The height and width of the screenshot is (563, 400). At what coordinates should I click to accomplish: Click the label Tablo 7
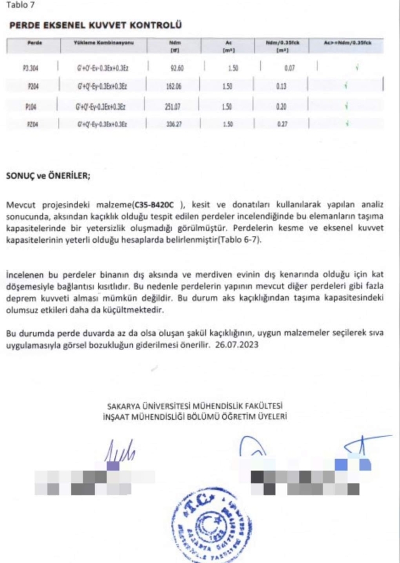pyautogui.click(x=20, y=6)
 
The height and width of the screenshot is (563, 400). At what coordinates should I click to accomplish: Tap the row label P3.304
pyautogui.click(x=31, y=67)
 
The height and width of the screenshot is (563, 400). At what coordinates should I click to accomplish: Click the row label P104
pyautogui.click(x=31, y=106)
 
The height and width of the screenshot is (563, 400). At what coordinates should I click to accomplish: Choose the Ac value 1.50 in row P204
pyautogui.click(x=227, y=87)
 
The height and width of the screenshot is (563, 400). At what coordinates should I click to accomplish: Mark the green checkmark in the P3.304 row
pyautogui.click(x=356, y=67)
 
